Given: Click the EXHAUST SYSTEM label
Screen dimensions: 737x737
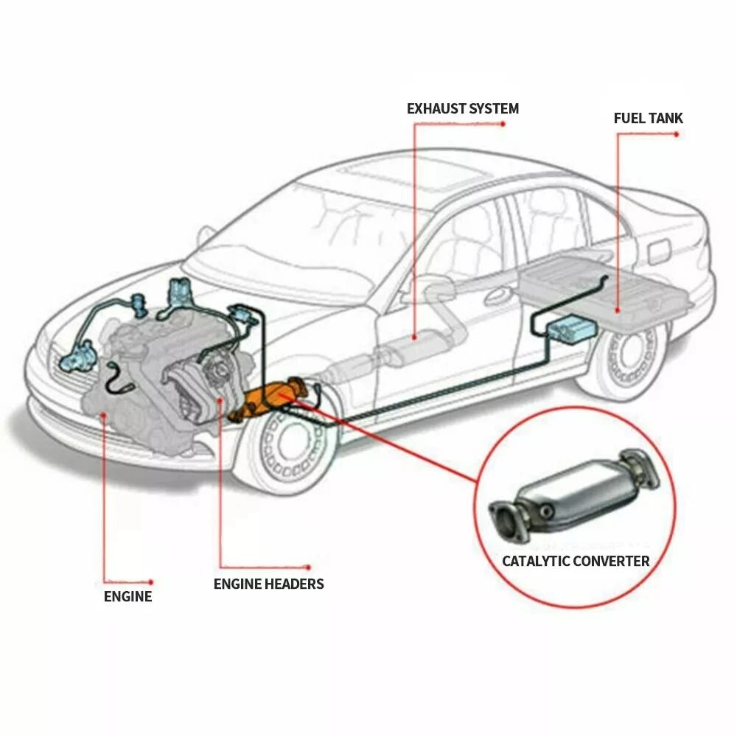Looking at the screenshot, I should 462,109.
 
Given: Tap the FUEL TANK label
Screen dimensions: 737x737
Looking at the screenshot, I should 648,118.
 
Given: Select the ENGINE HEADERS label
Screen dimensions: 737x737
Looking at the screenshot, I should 268,584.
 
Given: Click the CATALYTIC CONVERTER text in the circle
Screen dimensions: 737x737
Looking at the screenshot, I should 576,561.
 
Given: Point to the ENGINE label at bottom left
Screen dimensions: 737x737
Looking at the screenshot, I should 128,596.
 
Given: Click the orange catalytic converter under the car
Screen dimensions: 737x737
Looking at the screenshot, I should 269,399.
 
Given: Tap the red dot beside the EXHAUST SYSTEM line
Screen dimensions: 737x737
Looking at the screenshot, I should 503,124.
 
